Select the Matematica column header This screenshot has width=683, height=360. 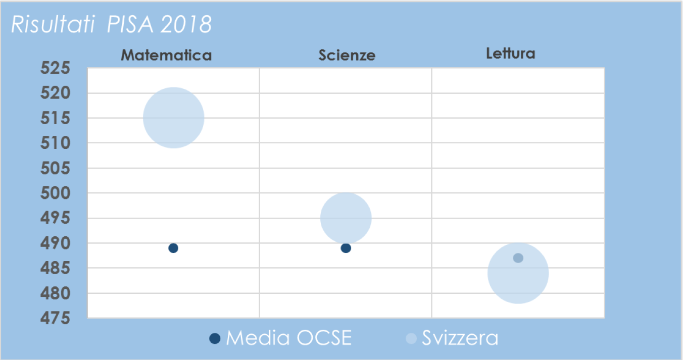[x=166, y=55]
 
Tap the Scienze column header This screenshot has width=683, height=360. [x=347, y=55]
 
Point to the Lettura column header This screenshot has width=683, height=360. [x=510, y=54]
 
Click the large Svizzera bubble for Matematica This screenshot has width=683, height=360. [x=173, y=118]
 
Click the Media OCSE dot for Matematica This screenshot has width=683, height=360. [x=173, y=248]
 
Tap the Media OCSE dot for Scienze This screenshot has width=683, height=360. [x=346, y=248]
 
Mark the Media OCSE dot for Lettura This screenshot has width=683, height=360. [x=518, y=258]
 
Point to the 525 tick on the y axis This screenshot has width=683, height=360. [x=57, y=69]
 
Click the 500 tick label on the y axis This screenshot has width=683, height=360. [x=57, y=193]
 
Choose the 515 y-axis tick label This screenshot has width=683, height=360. [x=57, y=119]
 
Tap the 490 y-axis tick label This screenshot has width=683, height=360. [x=57, y=243]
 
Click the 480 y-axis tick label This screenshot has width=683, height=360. [x=57, y=293]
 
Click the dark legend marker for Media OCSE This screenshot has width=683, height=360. [x=215, y=338]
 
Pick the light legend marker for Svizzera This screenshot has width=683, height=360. [x=411, y=338]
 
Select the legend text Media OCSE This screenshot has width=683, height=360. [x=288, y=338]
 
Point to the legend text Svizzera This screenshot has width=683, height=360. [x=460, y=338]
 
